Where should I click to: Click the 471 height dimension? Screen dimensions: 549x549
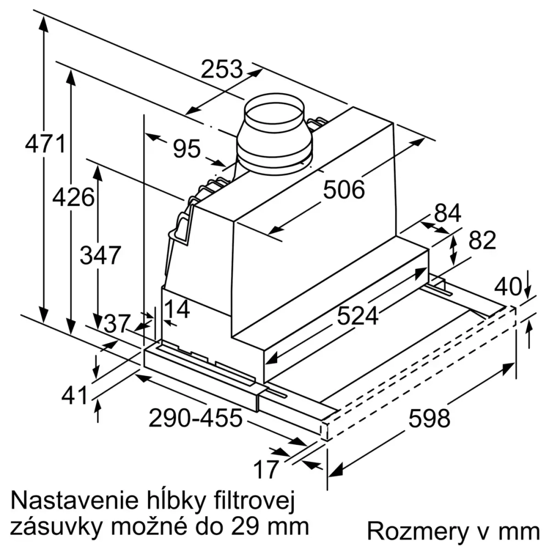click(45, 144)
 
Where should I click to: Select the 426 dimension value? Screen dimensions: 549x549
click(73, 196)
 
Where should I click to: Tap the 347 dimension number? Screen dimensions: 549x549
click(100, 255)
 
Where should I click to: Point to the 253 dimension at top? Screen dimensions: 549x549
click(221, 70)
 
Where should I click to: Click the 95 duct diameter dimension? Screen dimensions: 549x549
click(187, 148)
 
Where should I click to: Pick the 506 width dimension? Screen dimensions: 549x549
click(344, 190)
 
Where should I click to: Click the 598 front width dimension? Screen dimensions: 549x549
click(429, 419)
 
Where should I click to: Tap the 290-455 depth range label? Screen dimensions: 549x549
click(195, 419)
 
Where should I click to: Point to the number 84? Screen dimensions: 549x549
click(447, 214)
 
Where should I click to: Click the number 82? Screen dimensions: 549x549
click(483, 240)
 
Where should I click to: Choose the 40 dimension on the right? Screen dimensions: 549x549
click(508, 287)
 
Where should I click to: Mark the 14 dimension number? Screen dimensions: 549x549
click(177, 310)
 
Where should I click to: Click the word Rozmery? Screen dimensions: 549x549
click(413, 531)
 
